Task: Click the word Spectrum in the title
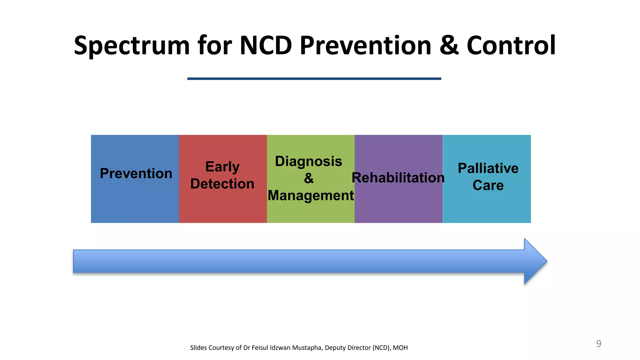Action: (x=132, y=46)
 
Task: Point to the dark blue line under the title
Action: (x=314, y=79)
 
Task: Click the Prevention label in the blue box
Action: (x=136, y=173)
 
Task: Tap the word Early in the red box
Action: (x=222, y=167)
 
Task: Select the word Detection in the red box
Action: (x=222, y=184)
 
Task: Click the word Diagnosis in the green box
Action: (x=308, y=162)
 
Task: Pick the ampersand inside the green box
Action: (x=308, y=178)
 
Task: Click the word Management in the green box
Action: (x=311, y=196)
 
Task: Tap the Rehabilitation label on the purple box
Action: (x=398, y=178)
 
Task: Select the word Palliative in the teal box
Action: (x=488, y=168)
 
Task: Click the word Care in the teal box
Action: (x=488, y=185)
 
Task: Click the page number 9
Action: (x=598, y=343)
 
